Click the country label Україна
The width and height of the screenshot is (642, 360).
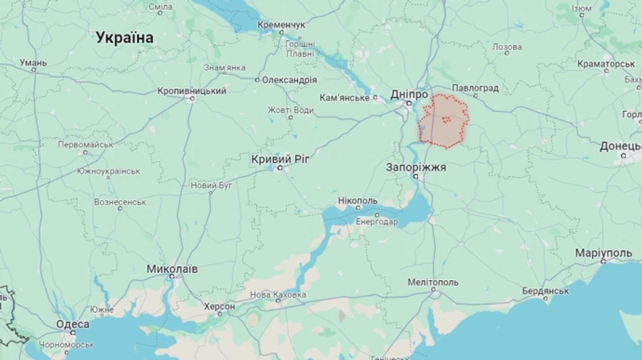coord(125,38)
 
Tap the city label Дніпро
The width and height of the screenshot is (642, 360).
coord(409,94)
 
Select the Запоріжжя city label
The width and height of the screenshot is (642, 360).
coord(416,167)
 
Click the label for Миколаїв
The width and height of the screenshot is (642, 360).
coord(172,269)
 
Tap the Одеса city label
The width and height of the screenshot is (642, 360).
coord(73,324)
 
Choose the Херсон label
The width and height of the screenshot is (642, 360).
coord(220,307)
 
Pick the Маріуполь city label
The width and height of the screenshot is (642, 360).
coord(603,254)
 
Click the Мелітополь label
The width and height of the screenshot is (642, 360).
coord(433,282)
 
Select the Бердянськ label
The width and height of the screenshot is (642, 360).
coord(546,291)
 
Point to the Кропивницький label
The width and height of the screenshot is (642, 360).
coord(192,91)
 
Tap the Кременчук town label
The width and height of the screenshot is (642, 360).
coord(281,25)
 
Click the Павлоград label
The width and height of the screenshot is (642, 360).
coord(475,88)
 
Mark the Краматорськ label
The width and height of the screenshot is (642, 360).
coord(606,63)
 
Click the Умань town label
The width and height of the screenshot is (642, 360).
coord(33,63)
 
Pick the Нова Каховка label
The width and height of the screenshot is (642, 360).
coord(278,294)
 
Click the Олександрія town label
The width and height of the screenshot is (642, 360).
coord(289,80)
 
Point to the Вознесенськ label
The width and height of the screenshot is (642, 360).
coord(120,202)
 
